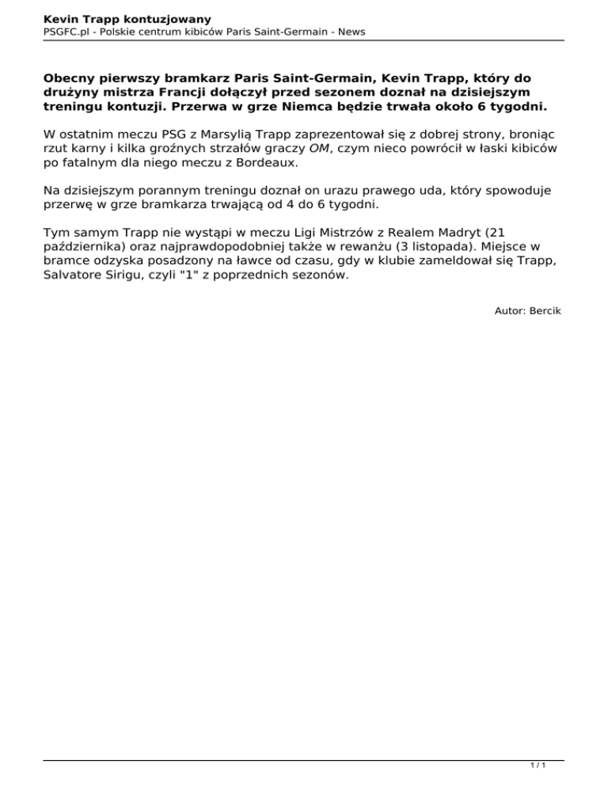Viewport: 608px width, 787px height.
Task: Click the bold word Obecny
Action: (x=74, y=79)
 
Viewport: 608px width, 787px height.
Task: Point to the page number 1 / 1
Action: (x=538, y=766)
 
